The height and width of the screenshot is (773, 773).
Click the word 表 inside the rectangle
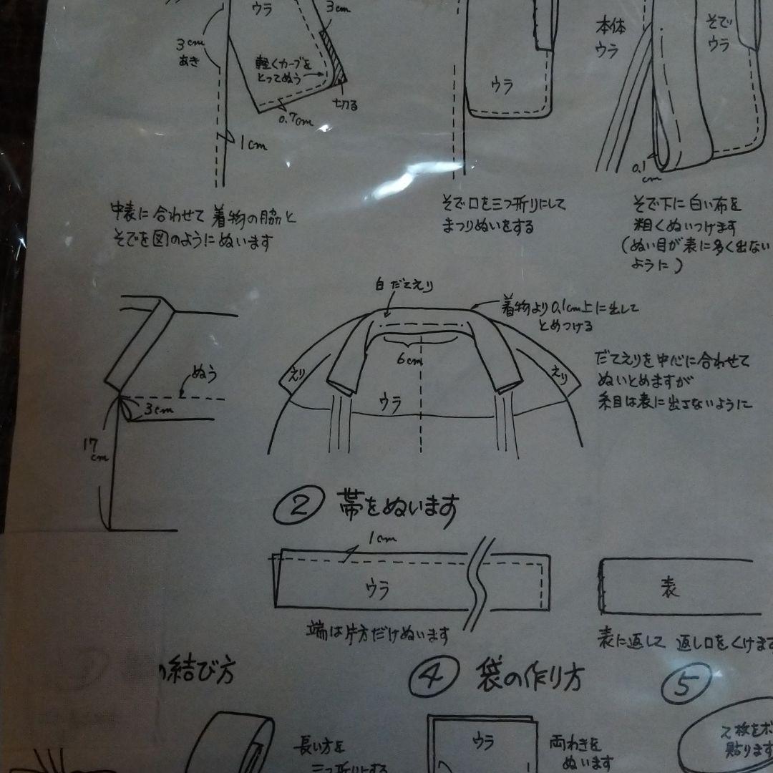(668, 588)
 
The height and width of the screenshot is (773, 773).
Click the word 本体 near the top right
(611, 27)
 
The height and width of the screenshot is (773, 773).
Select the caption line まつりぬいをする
(487, 226)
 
